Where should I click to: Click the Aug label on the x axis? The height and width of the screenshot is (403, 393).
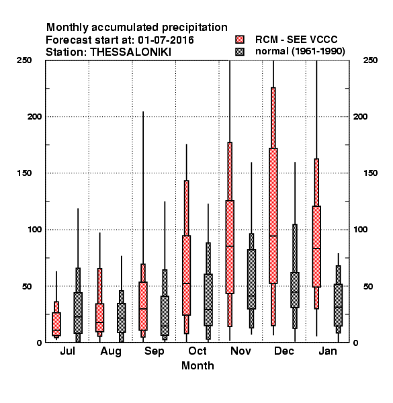pos(111,351)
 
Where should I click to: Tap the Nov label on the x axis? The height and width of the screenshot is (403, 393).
pos(241,351)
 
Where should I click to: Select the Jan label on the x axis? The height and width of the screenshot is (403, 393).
pos(328,351)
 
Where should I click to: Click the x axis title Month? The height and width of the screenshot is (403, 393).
pos(198,366)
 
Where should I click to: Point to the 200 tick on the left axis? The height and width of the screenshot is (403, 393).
pos(34,117)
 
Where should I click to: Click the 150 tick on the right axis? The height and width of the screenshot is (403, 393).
pos(370,173)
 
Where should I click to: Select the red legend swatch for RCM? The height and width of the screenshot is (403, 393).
pos(240,40)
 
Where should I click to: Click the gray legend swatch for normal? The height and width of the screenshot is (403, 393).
pos(240,52)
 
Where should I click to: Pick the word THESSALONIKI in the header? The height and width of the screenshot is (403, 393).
pos(130,52)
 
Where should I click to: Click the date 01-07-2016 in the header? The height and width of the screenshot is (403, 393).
pos(166,40)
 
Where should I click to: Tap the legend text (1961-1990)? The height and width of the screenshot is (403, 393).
pos(318,52)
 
